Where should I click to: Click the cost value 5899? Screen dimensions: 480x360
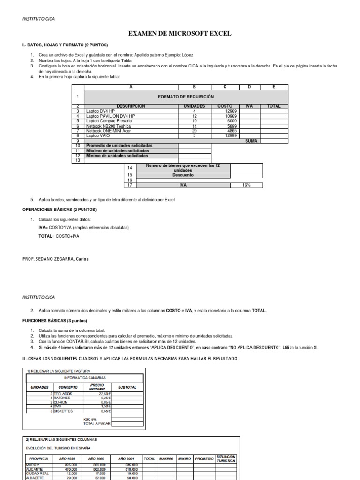point(225,126)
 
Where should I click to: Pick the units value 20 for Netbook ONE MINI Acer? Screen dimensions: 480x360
point(194,131)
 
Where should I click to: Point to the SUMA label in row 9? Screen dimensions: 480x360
point(251,141)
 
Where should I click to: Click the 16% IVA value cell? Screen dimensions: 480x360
point(247,185)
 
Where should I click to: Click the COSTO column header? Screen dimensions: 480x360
point(225,106)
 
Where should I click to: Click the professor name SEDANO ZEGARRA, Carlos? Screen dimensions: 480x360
point(55,259)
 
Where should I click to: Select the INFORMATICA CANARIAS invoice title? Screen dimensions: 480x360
point(84,377)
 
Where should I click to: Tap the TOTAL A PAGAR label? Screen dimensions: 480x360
point(97,423)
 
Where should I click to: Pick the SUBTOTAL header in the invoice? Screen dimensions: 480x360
point(127,387)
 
